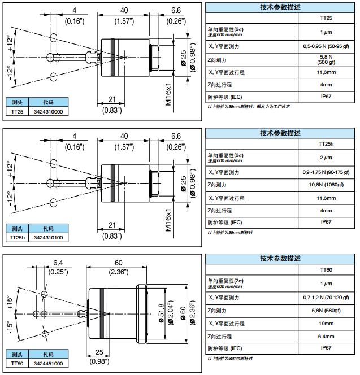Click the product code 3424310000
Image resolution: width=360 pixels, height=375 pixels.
coord(48,112)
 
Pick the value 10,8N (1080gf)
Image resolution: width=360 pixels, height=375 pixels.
coord(326,185)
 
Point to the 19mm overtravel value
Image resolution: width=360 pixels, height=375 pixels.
coord(326,324)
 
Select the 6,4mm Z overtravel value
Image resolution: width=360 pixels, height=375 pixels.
coord(326,337)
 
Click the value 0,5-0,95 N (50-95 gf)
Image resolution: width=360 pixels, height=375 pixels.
coord(326,46)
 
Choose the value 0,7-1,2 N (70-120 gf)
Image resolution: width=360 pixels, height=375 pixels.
coord(326,297)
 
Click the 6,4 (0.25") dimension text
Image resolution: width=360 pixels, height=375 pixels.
coord(58,268)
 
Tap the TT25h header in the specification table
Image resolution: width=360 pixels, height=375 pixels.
coord(326,144)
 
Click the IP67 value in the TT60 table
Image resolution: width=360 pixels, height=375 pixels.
coord(326,350)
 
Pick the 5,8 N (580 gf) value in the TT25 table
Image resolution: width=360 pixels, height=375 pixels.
coord(326,60)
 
